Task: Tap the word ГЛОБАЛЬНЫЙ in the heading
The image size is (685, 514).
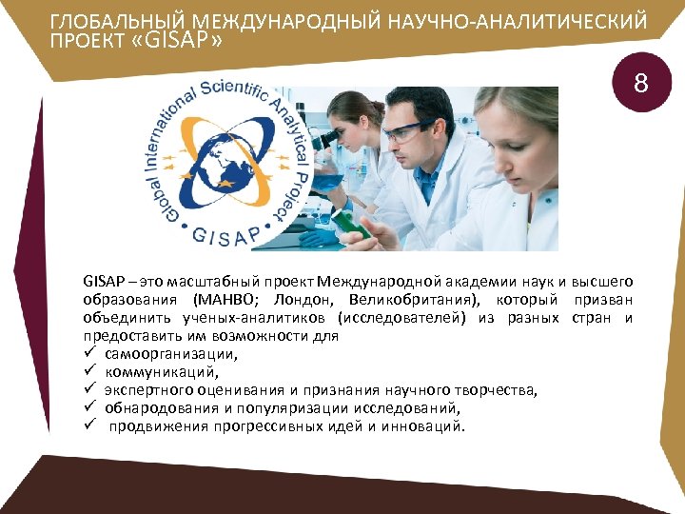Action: coord(104,21)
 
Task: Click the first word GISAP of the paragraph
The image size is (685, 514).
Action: coord(102,282)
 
